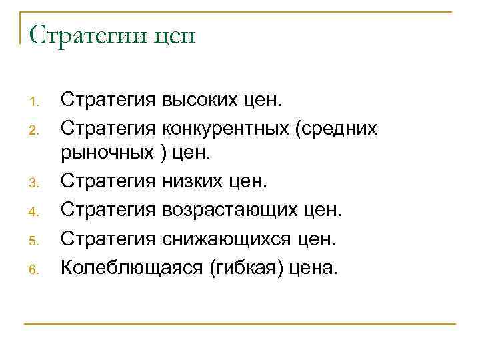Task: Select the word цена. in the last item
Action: [313, 268]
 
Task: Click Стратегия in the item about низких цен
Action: [109, 181]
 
